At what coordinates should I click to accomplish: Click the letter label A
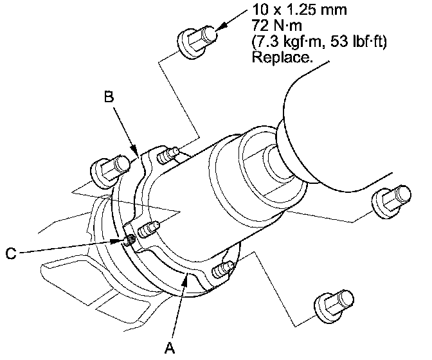click(170, 347)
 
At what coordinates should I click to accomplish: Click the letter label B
click(109, 98)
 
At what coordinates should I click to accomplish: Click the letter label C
click(10, 253)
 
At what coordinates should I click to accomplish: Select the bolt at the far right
click(390, 200)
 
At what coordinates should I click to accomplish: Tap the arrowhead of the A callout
click(186, 276)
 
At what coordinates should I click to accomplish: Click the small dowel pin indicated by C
click(129, 241)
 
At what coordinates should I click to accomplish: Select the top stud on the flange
click(169, 154)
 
